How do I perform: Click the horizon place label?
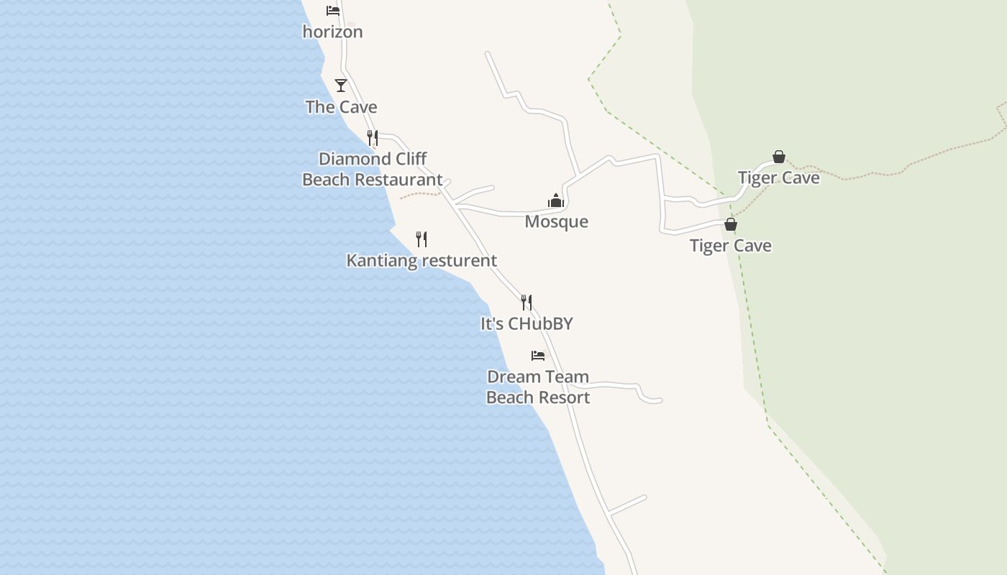tap(332, 32)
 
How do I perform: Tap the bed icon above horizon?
tap(332, 11)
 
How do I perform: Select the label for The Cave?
tap(341, 107)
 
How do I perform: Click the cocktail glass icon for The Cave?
tap(341, 86)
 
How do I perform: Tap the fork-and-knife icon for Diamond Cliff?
tap(373, 137)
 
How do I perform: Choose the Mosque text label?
tap(556, 221)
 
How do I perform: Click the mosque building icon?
tap(556, 201)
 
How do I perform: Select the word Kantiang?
tap(378, 260)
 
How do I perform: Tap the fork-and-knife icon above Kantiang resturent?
tap(422, 239)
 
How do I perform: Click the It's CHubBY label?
tap(527, 323)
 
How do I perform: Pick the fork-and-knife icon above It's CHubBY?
tap(527, 303)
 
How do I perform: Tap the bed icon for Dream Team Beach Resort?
tap(537, 356)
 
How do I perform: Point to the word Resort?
tap(565, 397)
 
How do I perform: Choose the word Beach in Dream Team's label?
tap(509, 397)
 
